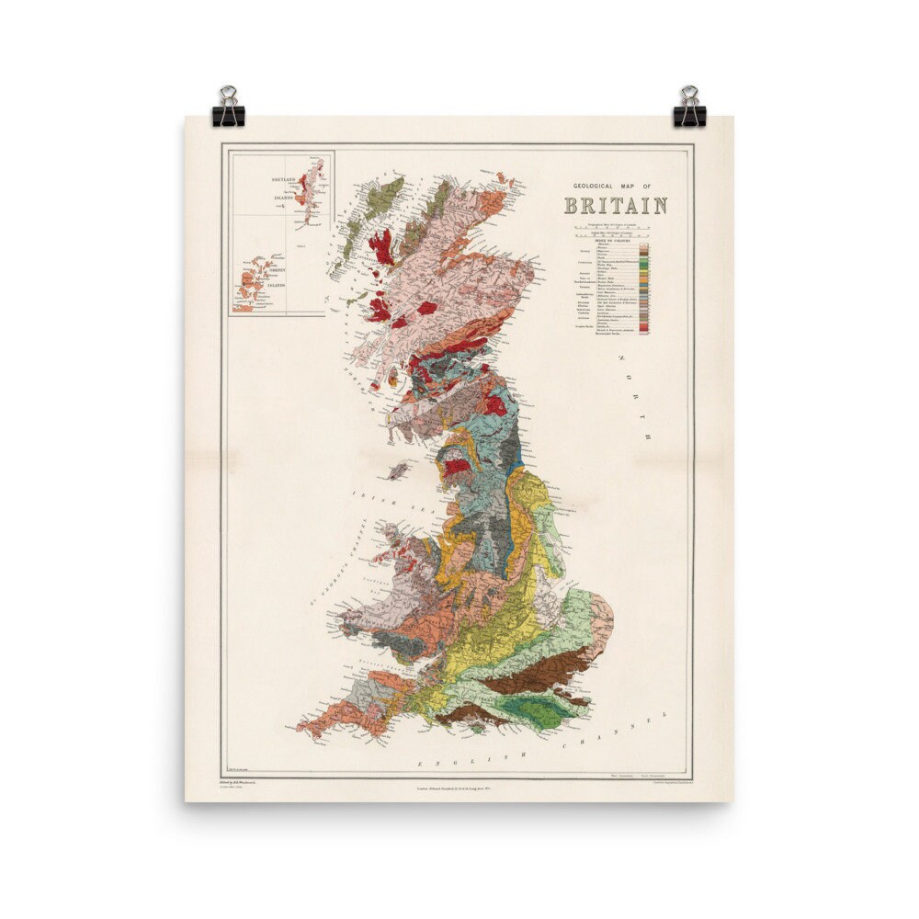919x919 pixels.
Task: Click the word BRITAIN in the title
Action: [x=616, y=205]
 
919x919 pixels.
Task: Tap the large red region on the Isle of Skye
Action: [x=380, y=246]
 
